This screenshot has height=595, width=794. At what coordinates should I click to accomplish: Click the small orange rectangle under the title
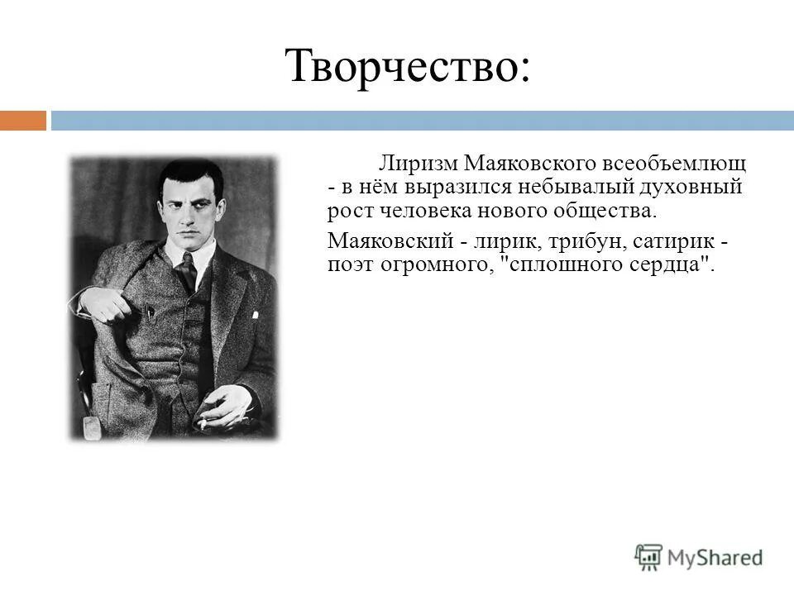click(23, 121)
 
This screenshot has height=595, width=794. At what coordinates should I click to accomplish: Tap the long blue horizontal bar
click(422, 121)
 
